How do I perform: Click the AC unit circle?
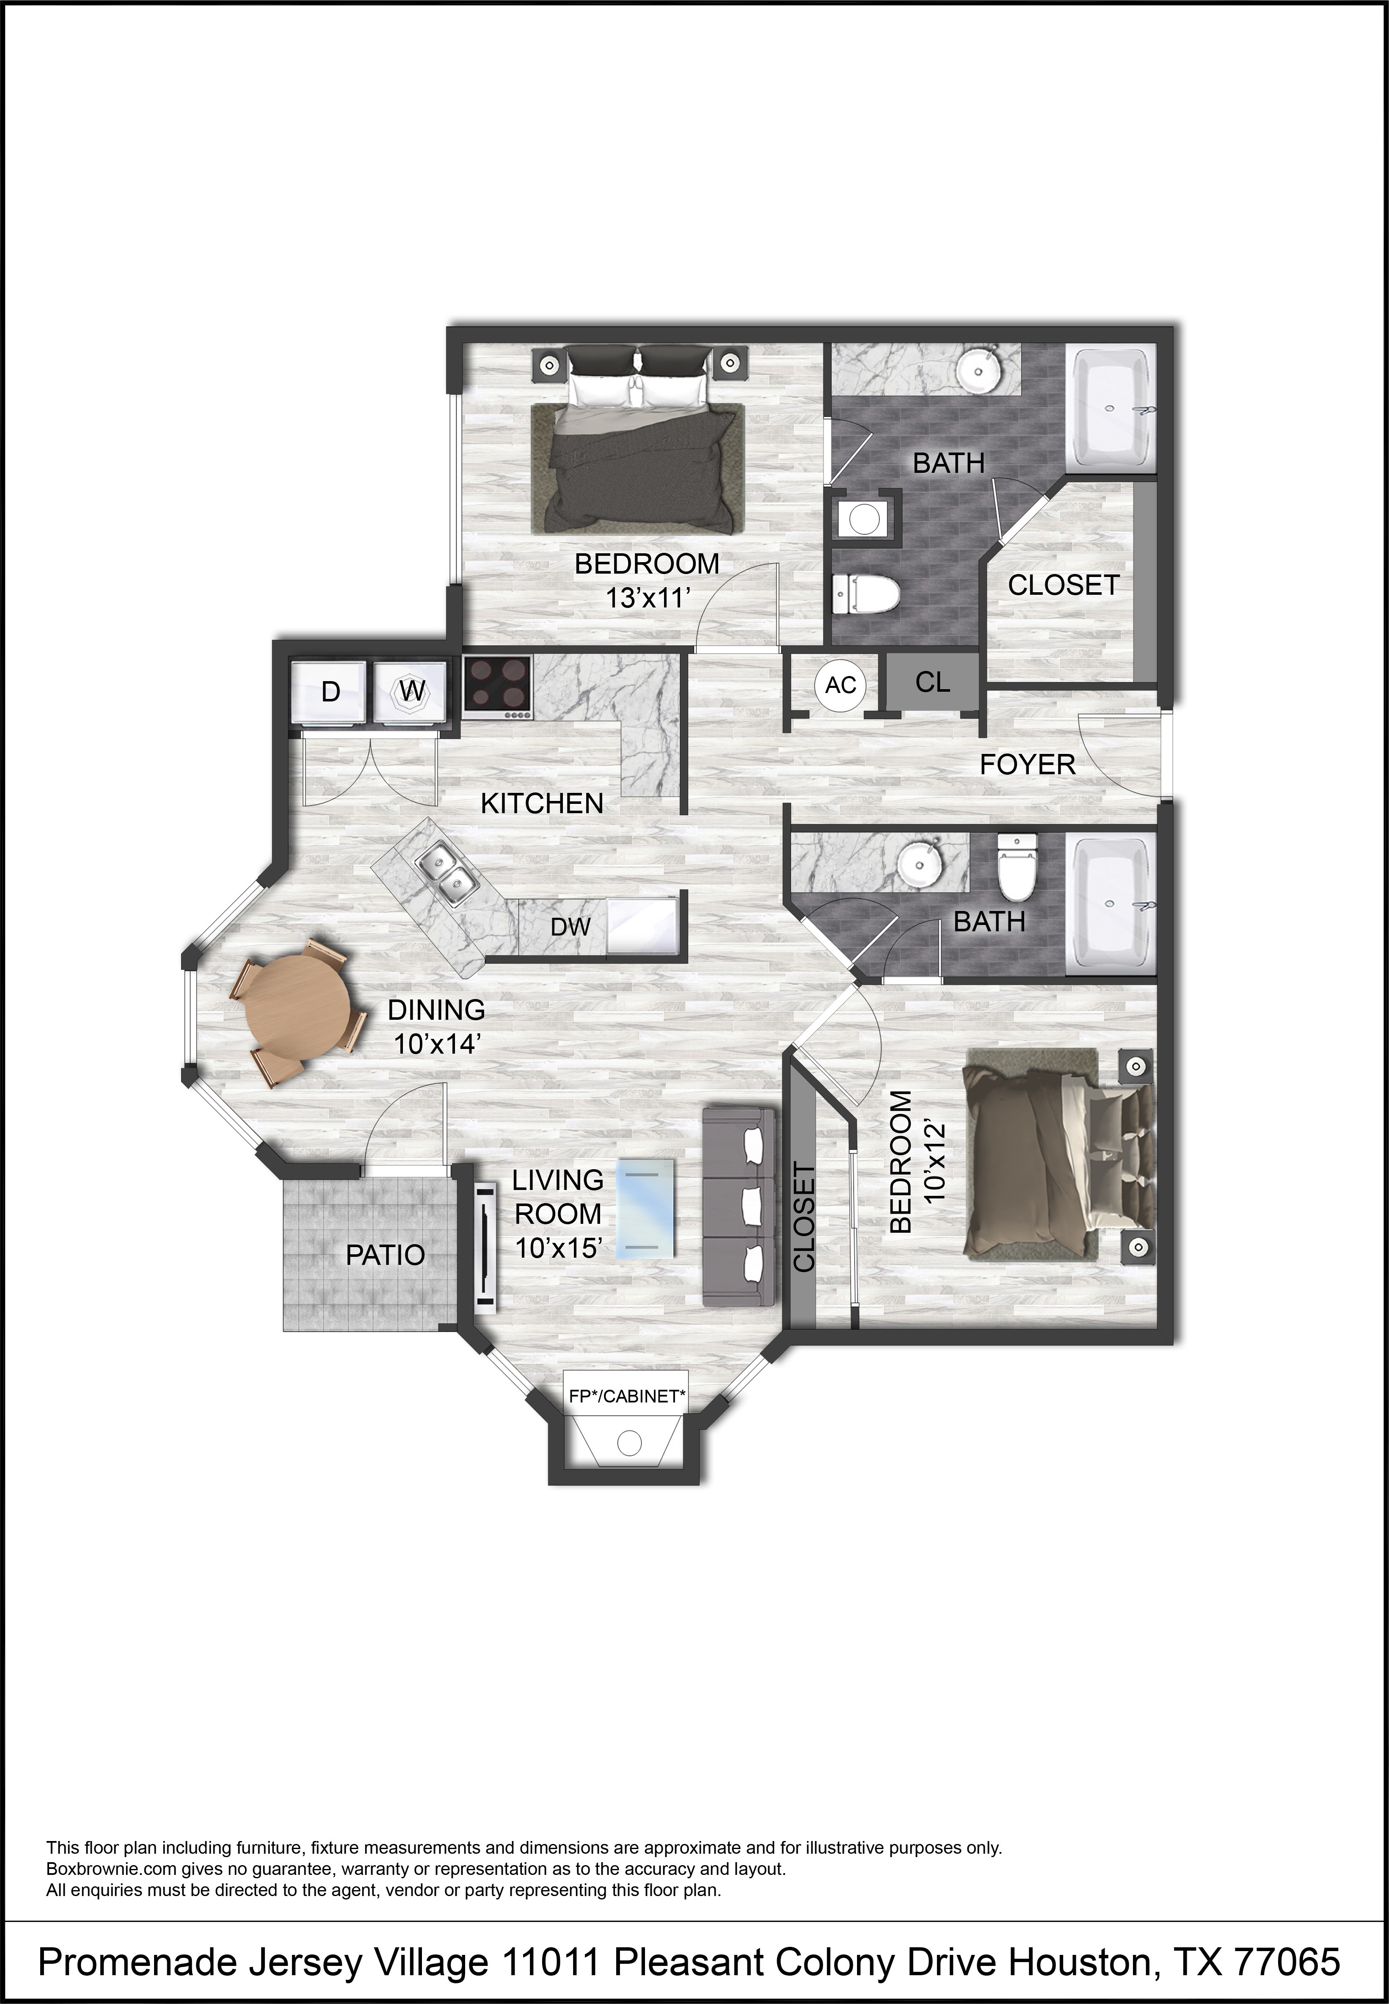point(841,685)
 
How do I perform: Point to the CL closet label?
point(932,682)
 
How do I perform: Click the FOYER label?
point(1028,765)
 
